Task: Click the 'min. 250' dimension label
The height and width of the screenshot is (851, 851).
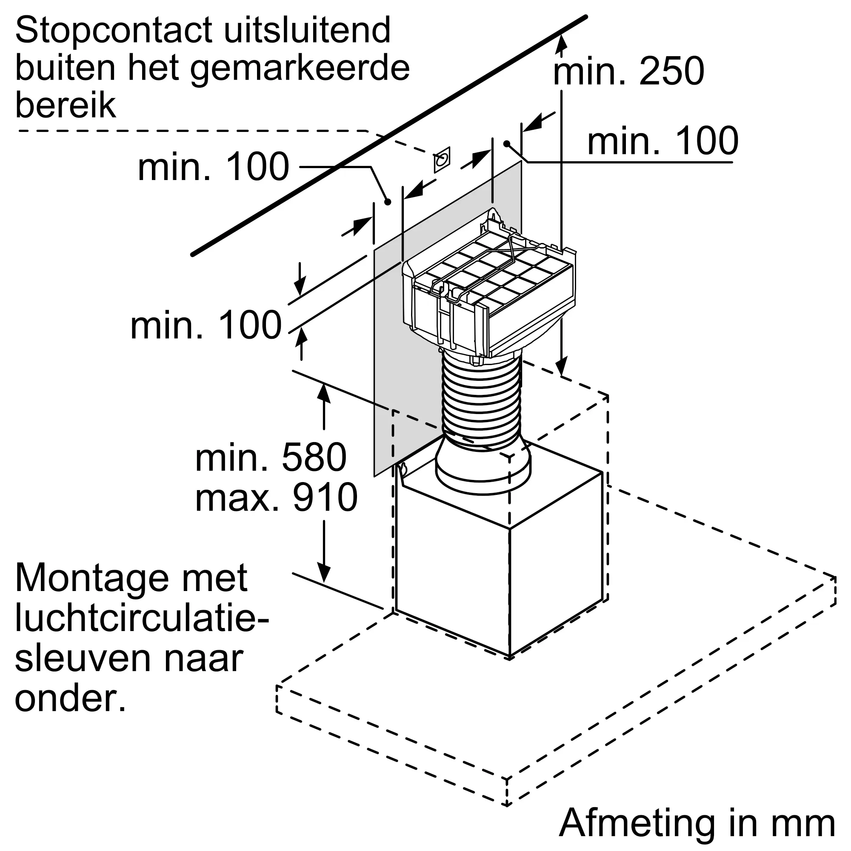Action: click(x=628, y=71)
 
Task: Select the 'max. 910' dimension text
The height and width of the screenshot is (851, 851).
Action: click(x=276, y=497)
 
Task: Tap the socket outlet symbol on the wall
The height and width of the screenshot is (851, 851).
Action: click(x=442, y=160)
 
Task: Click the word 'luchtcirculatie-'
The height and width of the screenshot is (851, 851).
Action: click(x=142, y=618)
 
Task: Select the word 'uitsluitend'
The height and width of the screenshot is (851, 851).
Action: click(x=308, y=30)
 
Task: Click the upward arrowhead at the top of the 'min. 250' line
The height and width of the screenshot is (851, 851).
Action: click(x=561, y=43)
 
